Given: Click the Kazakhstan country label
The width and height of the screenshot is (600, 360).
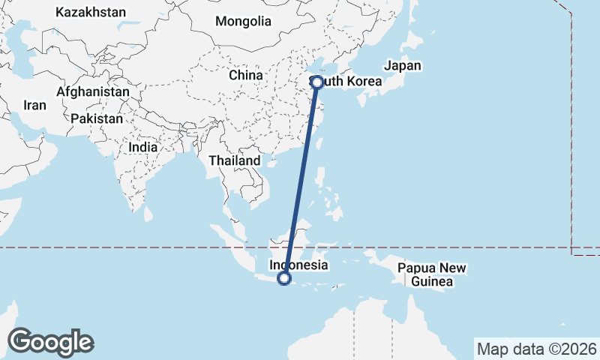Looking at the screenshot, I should coord(91,13).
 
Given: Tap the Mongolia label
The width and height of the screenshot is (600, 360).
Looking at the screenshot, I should coord(243,21).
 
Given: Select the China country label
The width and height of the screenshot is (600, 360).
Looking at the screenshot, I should coord(246,75).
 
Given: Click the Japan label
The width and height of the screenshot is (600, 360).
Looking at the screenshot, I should coord(403,65).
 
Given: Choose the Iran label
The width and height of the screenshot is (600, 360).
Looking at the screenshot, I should coord(34,106).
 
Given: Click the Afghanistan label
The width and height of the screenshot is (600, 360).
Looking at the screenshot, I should coord(92,91).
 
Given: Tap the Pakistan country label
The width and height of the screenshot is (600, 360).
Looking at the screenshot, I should coord(97,118).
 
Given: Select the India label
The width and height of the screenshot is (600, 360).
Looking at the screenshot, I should coord(142,147).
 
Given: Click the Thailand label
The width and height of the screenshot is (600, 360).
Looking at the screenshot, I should coord(235,160).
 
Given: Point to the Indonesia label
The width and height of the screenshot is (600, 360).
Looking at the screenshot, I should coord(298,265).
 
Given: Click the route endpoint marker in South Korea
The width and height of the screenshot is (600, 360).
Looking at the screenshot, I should coord(317,82).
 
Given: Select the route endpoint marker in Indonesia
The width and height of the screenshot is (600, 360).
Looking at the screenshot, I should coord(283,279).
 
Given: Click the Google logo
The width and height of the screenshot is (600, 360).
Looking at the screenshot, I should coord(50,342).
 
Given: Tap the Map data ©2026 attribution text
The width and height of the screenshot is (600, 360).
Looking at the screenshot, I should coord(537,349).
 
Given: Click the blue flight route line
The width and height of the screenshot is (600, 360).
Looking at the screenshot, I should coord(301,180).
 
